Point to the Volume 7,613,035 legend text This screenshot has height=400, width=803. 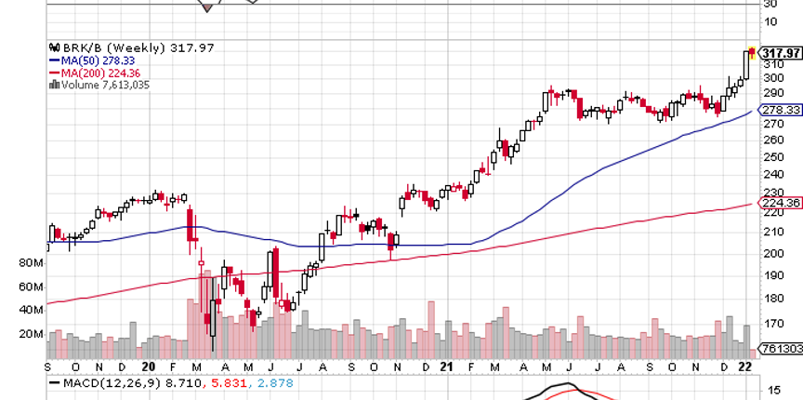100,85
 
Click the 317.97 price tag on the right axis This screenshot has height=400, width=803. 779,52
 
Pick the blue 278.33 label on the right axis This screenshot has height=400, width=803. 779,110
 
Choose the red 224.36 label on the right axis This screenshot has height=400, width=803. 779,203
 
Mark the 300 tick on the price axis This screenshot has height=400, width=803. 771,77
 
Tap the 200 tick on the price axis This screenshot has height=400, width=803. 771,253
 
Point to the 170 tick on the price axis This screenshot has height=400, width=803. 771,325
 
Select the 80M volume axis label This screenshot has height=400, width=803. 32,263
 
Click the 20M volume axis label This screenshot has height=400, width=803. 32,334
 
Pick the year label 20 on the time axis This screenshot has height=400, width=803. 149,367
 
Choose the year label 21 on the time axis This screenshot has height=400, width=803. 446,367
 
